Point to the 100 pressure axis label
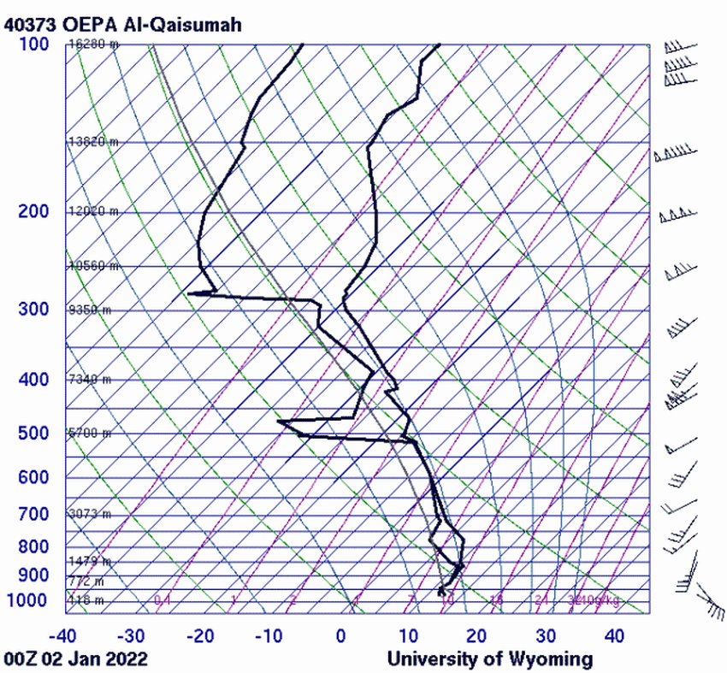(33, 44)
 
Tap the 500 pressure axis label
(33, 434)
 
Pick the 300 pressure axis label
(33, 309)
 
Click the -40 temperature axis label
(62, 635)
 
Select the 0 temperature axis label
(340, 635)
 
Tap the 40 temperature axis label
(613, 635)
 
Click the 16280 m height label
(94, 44)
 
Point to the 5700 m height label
(90, 434)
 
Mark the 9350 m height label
(90, 310)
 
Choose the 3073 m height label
(90, 514)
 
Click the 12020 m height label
(93, 211)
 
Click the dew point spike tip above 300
(188, 294)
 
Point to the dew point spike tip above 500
(279, 421)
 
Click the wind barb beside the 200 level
(676, 214)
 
